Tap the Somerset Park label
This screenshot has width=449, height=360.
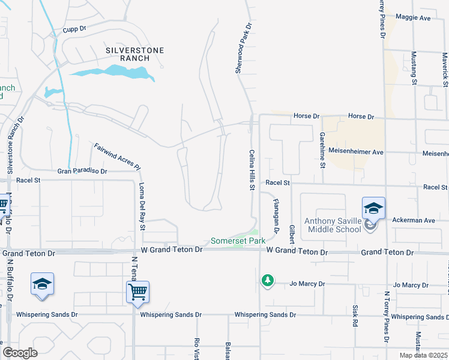point(238,241)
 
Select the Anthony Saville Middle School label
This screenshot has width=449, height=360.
point(333,224)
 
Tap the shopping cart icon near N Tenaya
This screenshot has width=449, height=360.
point(138,292)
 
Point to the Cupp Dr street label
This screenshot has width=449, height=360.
point(75,28)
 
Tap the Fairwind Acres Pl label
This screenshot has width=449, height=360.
point(117,157)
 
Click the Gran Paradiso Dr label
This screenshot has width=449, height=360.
point(82,171)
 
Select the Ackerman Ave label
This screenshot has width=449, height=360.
point(413,220)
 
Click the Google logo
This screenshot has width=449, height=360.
point(20,353)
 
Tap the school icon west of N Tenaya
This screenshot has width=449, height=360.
point(42,283)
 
